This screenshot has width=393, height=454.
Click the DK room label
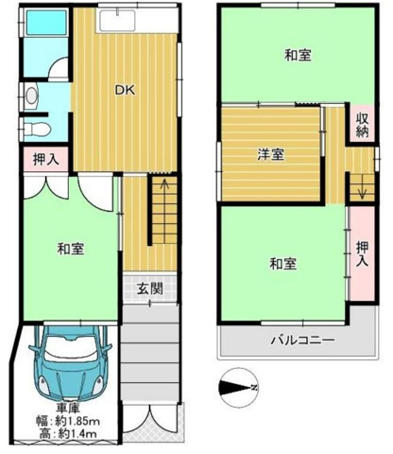(125, 91)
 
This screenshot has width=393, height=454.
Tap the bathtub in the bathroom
(46, 23)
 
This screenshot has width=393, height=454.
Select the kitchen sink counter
(117, 21)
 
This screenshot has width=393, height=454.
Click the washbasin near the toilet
(31, 96)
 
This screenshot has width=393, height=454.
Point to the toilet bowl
(38, 128)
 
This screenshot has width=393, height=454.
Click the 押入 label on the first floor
(46, 160)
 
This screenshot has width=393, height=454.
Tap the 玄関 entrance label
(150, 288)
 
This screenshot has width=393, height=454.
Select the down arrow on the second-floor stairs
(362, 187)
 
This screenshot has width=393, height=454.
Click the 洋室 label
(271, 154)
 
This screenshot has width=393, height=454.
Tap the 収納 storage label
(363, 125)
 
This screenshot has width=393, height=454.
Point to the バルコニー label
(302, 340)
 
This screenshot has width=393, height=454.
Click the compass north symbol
(238, 388)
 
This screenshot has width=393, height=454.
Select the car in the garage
(70, 362)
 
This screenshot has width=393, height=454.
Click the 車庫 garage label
(67, 409)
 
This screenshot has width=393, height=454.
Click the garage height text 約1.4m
(77, 434)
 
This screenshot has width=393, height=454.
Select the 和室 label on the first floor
(71, 249)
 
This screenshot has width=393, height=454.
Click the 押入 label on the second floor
(362, 253)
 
